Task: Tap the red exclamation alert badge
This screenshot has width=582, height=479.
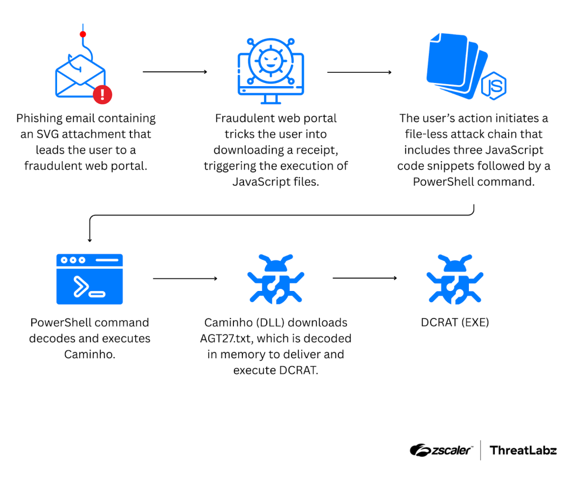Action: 102,95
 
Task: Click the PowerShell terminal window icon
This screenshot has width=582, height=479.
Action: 89,279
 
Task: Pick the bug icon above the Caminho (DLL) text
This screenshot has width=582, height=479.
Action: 276,279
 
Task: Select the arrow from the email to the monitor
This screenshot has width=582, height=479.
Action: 175,72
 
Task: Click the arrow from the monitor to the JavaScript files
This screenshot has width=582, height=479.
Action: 359,72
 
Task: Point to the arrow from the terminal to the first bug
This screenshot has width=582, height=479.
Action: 185,279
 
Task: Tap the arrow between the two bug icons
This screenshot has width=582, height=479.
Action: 364,278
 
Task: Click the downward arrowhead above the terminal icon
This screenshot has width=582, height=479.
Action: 89,239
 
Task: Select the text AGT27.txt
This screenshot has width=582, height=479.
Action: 226,339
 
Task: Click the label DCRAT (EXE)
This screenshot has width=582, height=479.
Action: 455,323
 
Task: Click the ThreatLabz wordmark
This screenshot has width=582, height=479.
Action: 523,450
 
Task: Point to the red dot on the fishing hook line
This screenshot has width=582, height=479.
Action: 82,34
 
